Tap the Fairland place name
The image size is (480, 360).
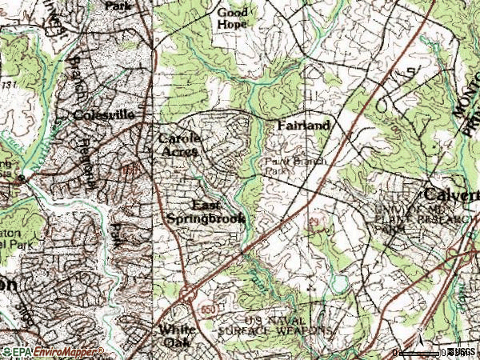pyautogui.click(x=304, y=126)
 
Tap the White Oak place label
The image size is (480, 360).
pyautogui.click(x=177, y=334)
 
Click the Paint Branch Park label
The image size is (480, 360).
pyautogui.click(x=286, y=165)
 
